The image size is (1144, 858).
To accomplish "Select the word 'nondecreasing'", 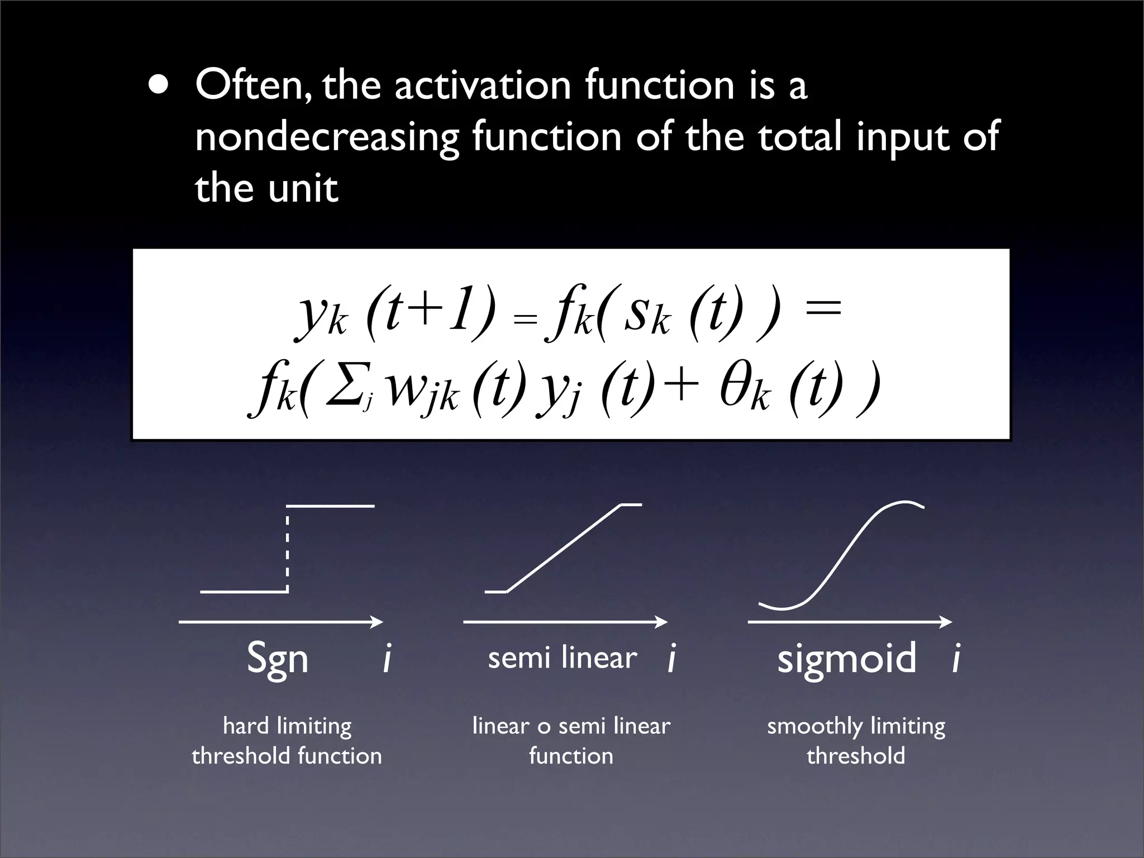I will click(x=327, y=137).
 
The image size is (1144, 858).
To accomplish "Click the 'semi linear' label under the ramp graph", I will click(x=562, y=657).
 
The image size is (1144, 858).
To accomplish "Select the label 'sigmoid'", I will click(x=846, y=658).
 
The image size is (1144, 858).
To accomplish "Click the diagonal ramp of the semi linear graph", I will click(x=563, y=548).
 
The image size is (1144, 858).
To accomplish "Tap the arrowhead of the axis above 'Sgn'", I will click(x=378, y=622).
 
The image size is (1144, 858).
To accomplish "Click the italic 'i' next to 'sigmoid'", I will click(x=956, y=658).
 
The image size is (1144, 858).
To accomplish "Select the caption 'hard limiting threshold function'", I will click(x=287, y=741).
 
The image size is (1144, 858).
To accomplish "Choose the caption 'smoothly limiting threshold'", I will click(x=856, y=741).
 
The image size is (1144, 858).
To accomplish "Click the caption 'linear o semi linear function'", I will click(x=571, y=741).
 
